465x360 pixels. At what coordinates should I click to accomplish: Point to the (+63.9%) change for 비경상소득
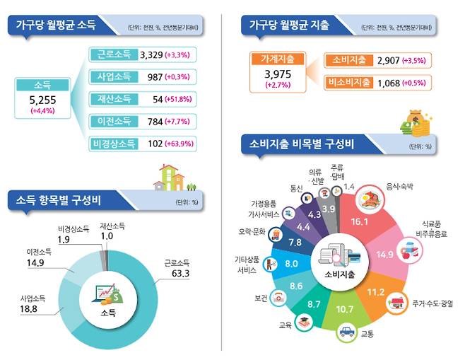(x=178, y=144)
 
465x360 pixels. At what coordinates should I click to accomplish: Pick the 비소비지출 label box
(x=348, y=83)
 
